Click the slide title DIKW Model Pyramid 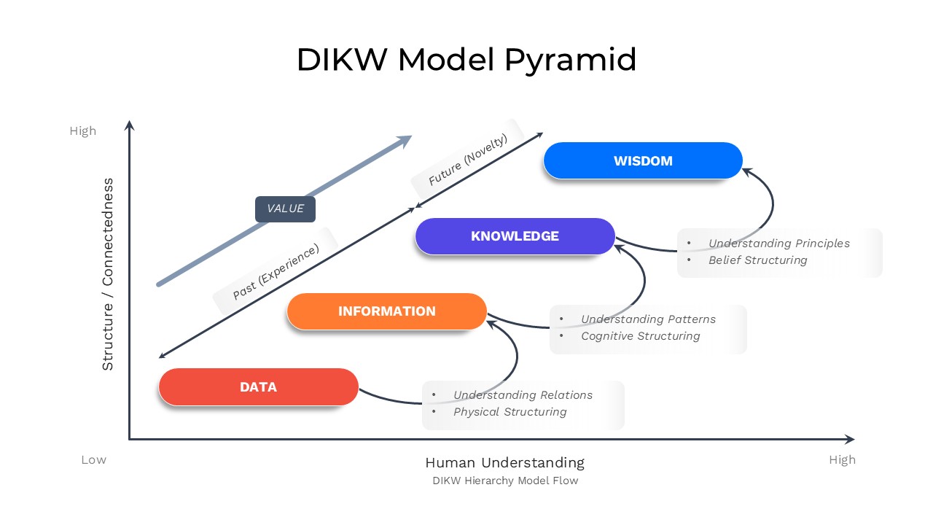pyautogui.click(x=466, y=59)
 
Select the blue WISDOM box pyautogui.click(x=643, y=160)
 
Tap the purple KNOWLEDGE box pyautogui.click(x=515, y=236)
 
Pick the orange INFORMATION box pyautogui.click(x=386, y=311)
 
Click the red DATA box pyautogui.click(x=258, y=386)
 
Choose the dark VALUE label pyautogui.click(x=285, y=209)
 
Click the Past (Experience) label pyautogui.click(x=276, y=272)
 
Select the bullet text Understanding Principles pyautogui.click(x=778, y=244)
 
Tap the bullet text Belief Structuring pyautogui.click(x=757, y=260)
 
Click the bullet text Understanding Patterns pyautogui.click(x=648, y=319)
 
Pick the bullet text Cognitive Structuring pyautogui.click(x=640, y=336)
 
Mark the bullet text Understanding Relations pyautogui.click(x=523, y=395)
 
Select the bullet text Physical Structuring pyautogui.click(x=510, y=412)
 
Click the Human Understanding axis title pyautogui.click(x=504, y=462)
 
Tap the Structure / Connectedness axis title pyautogui.click(x=108, y=274)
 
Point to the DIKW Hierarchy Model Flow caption pyautogui.click(x=504, y=481)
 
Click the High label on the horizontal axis pyautogui.click(x=842, y=460)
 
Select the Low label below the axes pyautogui.click(x=93, y=460)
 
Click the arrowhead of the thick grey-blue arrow pyautogui.click(x=405, y=139)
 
